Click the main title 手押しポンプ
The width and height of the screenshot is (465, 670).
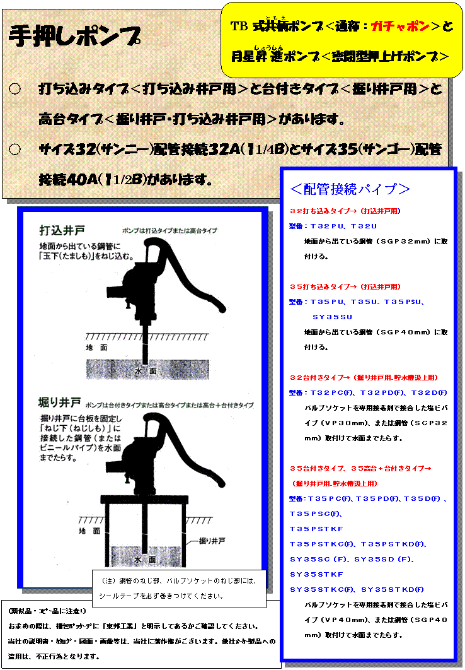pos(74,37)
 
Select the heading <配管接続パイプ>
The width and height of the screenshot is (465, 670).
pos(350,189)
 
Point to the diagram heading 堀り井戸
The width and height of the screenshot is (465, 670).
pos(60,403)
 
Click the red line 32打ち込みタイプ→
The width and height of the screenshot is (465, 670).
pos(345,211)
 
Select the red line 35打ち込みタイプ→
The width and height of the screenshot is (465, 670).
pos(345,286)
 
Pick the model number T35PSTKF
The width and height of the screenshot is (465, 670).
pos(316,529)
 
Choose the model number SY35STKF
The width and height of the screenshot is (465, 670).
pos(316,574)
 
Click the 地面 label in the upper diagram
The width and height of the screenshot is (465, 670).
pos(96,348)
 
